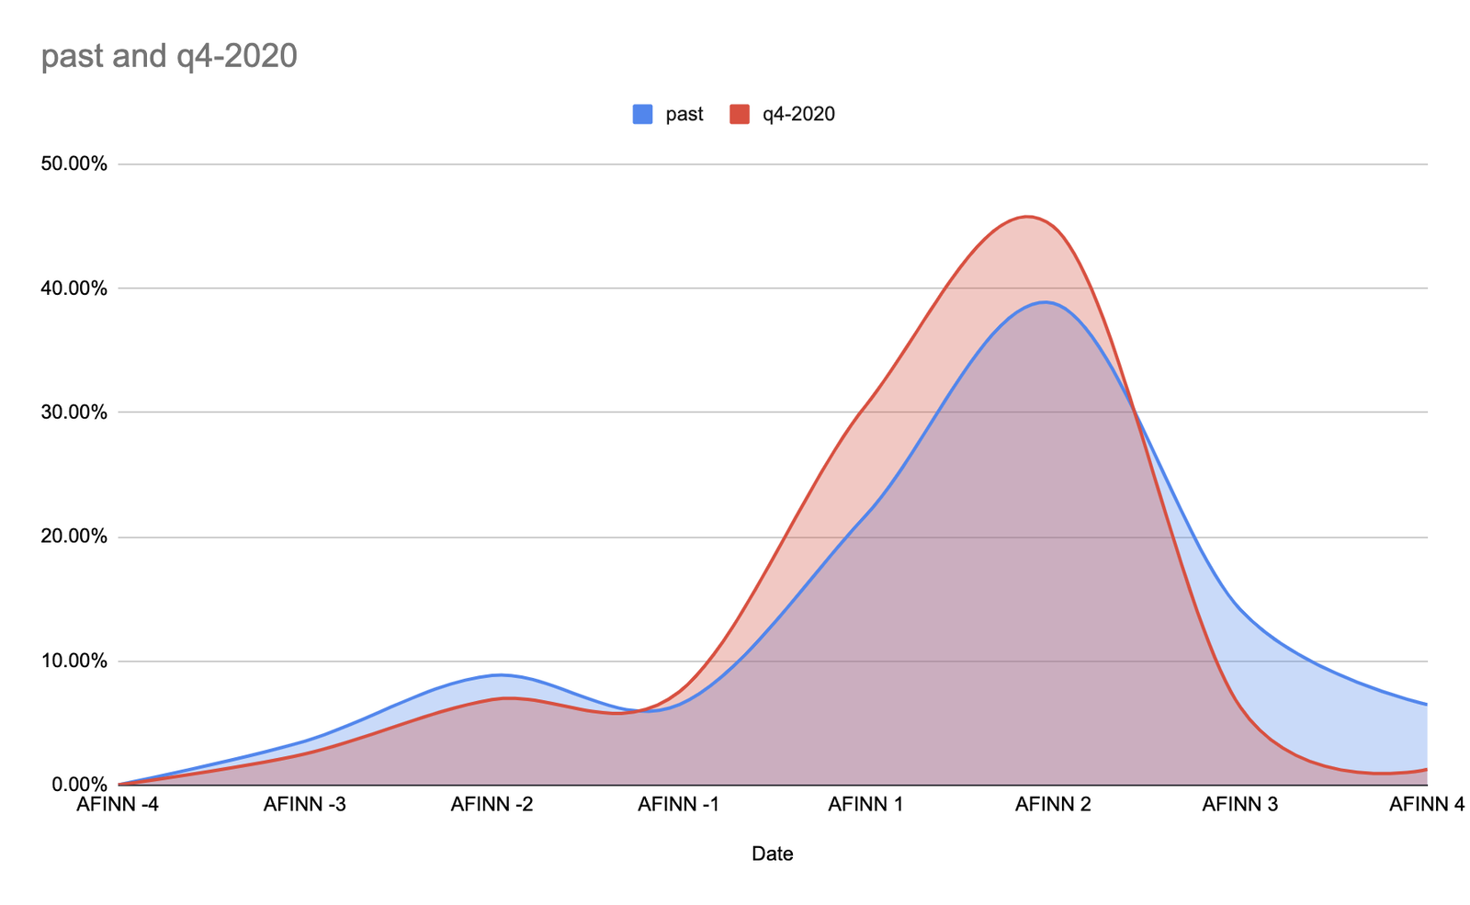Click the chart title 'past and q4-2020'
170,56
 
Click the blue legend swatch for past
642,115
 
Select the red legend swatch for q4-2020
740,115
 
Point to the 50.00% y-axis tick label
74,164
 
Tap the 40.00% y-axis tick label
74,288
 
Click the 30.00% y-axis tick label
74,413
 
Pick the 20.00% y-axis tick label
74,537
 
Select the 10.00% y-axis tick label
74,661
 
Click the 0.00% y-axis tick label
78,785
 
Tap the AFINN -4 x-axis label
119,806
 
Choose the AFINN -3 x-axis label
305,806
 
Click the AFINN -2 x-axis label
492,806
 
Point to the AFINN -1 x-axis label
679,806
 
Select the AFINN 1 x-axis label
866,806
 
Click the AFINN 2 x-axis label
1053,806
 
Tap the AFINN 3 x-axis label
1240,806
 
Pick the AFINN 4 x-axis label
1426,806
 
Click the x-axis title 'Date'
773,854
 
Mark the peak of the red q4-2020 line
1027,217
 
